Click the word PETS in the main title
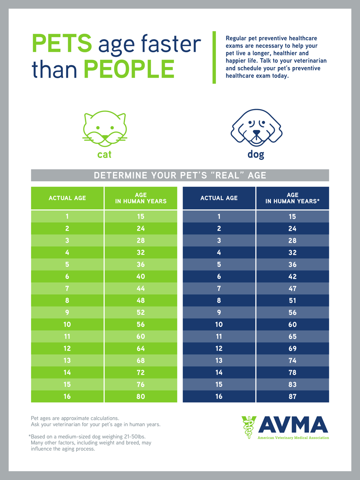[62, 44]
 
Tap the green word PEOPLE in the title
[129, 69]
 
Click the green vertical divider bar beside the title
[214, 57]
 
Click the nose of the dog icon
[257, 133]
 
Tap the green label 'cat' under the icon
[105, 155]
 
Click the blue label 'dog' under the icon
[256, 155]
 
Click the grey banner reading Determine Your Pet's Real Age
[180, 175]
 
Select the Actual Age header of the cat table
[67, 198]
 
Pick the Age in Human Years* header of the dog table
[292, 198]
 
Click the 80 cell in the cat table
[141, 397]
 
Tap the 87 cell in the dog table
[292, 397]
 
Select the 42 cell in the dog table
[292, 277]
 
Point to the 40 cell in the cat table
[141, 277]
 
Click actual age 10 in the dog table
[219, 325]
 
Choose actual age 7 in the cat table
[67, 289]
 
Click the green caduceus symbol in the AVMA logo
[249, 427]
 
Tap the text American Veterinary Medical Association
[293, 438]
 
